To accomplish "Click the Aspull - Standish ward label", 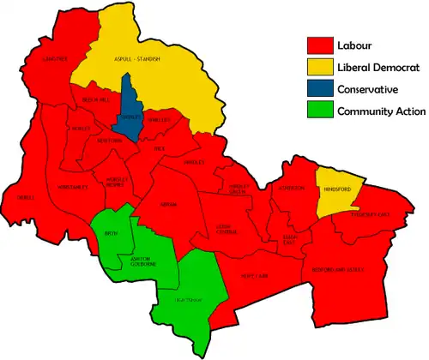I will (138, 59).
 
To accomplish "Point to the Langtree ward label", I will (42, 59).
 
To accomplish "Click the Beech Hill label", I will (94, 101).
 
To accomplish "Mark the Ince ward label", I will (160, 148).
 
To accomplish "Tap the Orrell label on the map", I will (25, 195).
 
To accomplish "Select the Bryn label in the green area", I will (111, 233).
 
